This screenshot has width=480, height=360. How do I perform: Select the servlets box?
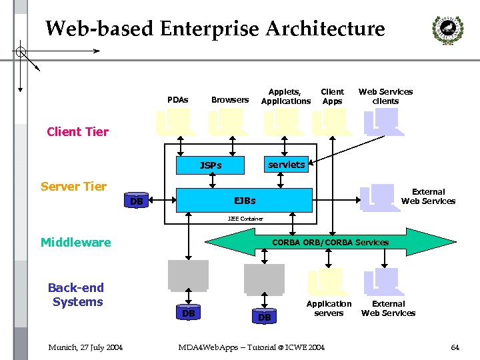coord(286,164)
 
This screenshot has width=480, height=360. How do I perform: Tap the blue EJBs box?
coord(244,200)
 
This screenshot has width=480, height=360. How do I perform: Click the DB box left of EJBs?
coord(137,201)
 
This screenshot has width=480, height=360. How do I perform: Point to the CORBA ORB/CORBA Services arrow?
coord(331,242)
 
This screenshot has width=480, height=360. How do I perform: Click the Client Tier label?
coord(77,131)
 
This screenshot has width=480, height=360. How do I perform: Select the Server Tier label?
coord(73,186)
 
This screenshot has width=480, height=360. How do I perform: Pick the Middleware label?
coord(75,242)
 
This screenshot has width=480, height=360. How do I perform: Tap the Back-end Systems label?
coord(76,295)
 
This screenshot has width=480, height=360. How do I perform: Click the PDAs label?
coord(177,100)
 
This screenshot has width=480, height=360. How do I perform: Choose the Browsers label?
coord(229,100)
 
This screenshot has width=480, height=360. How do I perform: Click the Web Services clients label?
coord(385,96)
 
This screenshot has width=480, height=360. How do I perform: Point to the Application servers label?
coord(329,308)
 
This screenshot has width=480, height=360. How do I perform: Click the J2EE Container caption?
coord(245,219)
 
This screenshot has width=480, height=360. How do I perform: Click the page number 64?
coord(455,347)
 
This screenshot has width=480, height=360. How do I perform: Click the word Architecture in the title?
coord(325,29)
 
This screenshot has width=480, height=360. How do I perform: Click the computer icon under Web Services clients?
coord(381,122)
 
